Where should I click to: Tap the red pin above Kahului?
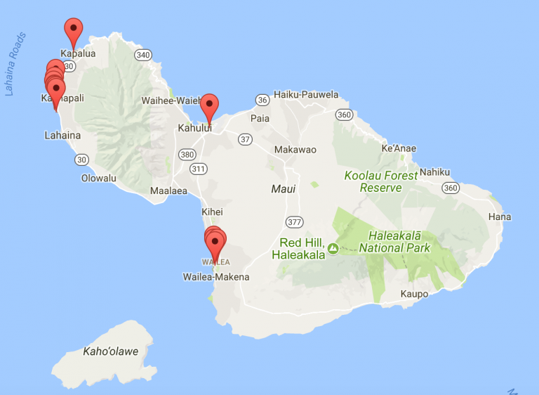(x=209, y=106)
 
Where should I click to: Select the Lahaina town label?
(x=62, y=135)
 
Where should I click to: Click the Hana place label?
(x=500, y=217)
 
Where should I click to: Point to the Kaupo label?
(x=414, y=294)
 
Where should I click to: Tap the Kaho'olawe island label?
(x=110, y=351)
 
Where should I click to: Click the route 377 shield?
(x=294, y=223)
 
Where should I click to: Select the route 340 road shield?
(x=144, y=55)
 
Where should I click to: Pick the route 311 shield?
(x=199, y=169)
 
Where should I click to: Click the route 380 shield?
(x=187, y=155)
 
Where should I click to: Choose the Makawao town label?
(x=295, y=150)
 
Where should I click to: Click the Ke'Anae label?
(x=398, y=148)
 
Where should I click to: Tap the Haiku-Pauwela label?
(x=306, y=94)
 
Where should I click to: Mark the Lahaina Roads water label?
(x=15, y=64)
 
